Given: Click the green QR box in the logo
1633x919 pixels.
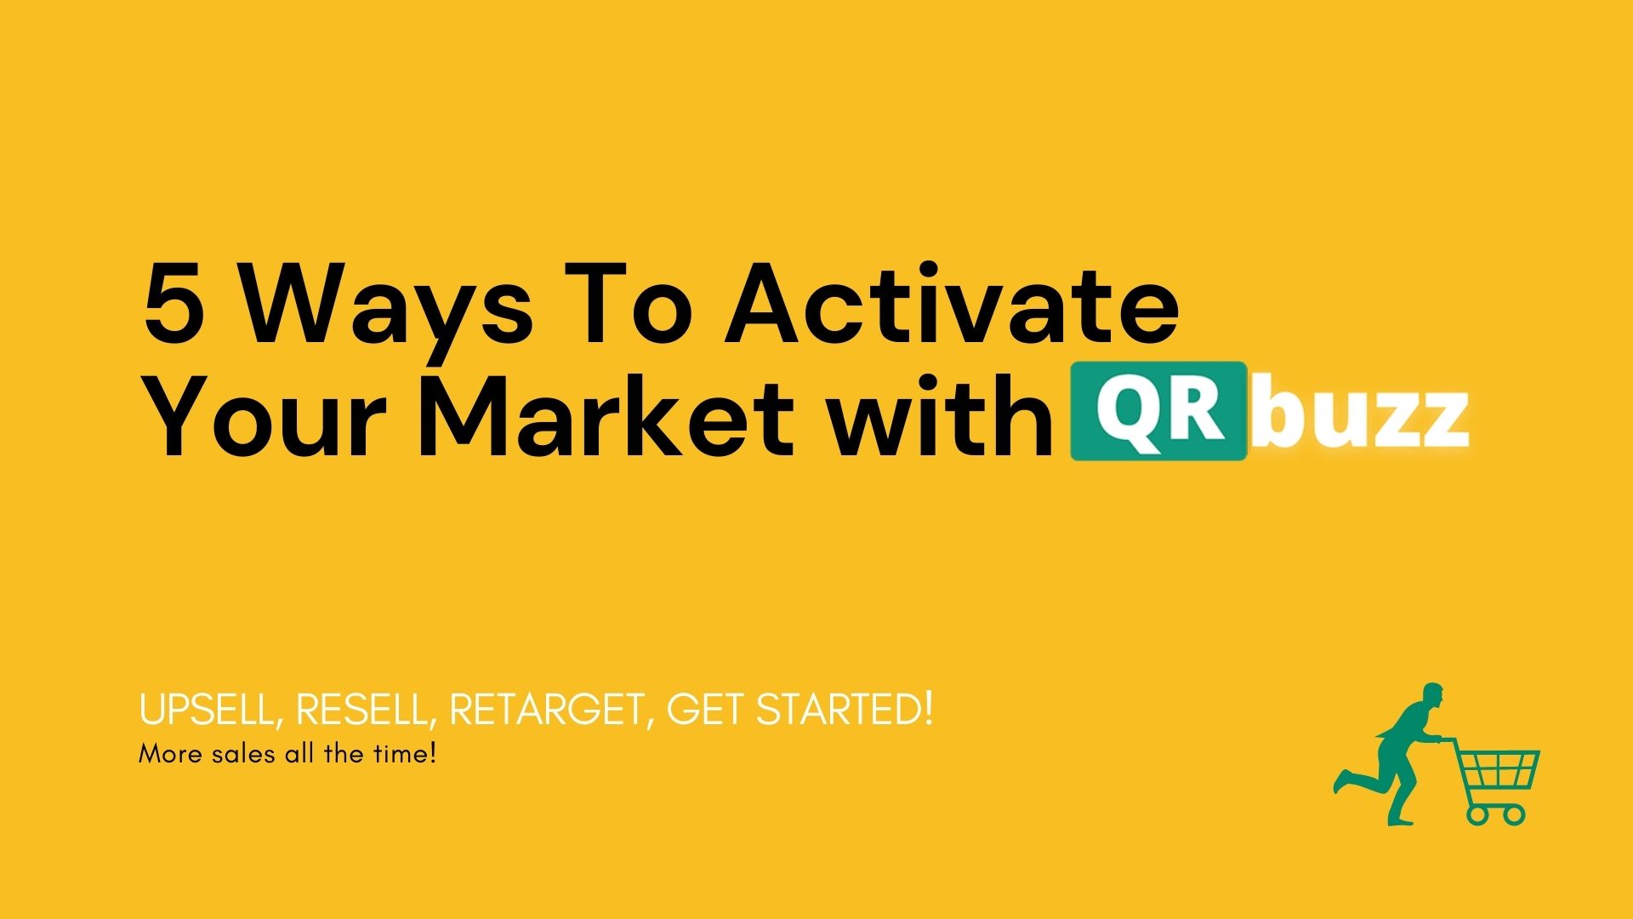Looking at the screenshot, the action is click(1158, 411).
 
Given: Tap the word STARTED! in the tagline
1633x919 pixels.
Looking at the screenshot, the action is click(845, 709).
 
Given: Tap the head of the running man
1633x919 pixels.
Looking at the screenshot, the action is click(1431, 696).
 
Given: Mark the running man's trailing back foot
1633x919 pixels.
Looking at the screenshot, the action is click(1343, 780).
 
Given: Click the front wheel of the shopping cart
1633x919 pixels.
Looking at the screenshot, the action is click(1513, 814).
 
